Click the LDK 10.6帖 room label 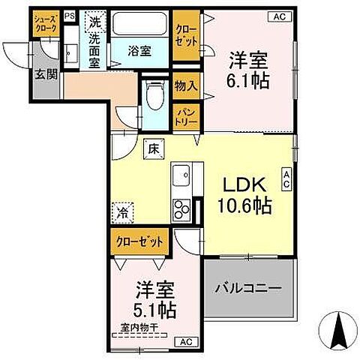(245, 194)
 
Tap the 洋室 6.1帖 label (245, 67)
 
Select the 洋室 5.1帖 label (155, 298)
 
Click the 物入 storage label (186, 86)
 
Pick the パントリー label (186, 115)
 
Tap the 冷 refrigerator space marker (122, 213)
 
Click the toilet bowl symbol (155, 97)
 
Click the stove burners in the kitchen (182, 208)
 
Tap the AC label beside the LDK (286, 178)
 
